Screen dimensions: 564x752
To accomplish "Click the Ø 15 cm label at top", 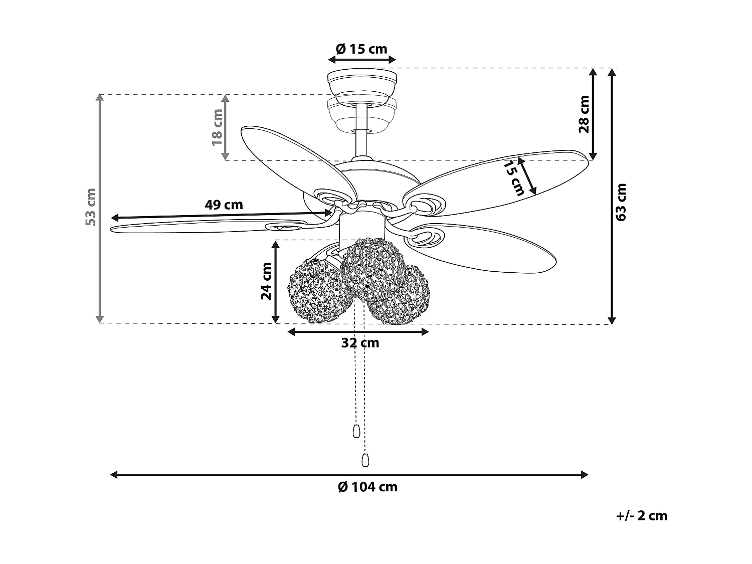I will click(x=361, y=49).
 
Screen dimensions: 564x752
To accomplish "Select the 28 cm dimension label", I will click(x=584, y=114).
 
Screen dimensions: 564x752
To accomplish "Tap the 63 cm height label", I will click(x=621, y=202).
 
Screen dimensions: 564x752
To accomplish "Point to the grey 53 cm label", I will click(x=91, y=207).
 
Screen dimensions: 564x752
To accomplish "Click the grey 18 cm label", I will click(x=217, y=127).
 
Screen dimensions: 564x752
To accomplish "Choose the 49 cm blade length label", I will click(x=224, y=205).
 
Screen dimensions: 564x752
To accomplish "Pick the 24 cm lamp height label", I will click(x=266, y=281).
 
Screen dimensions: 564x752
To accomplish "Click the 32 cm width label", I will click(x=360, y=343).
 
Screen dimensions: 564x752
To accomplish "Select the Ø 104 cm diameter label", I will click(x=367, y=487).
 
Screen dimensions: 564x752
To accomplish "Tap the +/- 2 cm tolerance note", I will click(x=642, y=515).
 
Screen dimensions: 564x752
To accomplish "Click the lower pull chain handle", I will click(x=364, y=460).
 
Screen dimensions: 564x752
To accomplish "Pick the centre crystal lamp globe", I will click(x=373, y=268).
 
